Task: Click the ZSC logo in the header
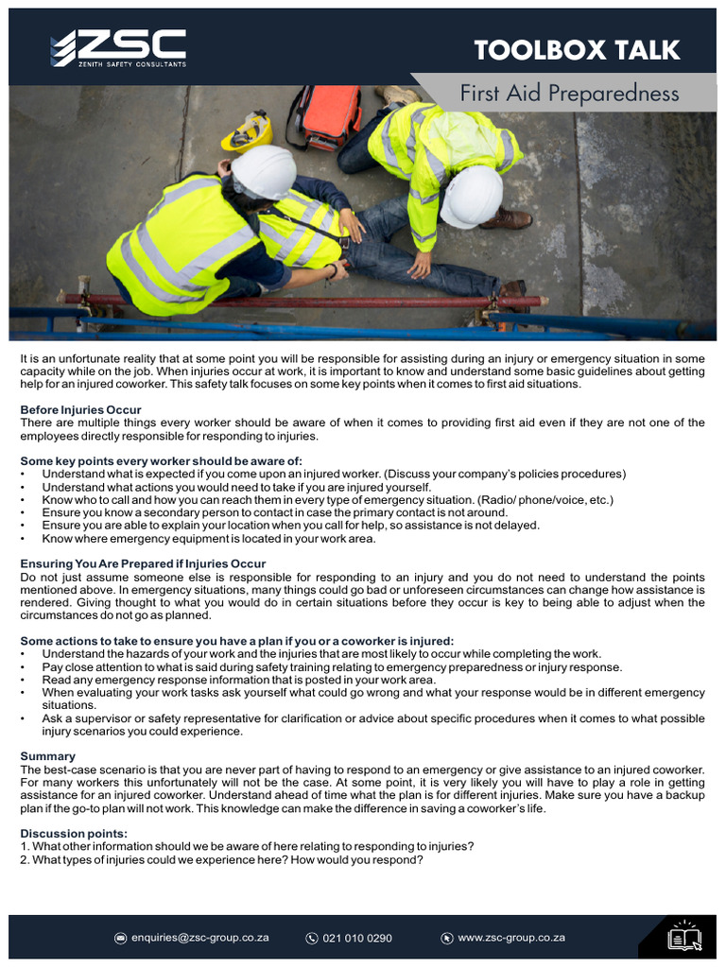tap(118, 47)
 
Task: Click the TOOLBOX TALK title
tap(577, 50)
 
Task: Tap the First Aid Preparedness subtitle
tap(569, 94)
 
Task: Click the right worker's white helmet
tap(472, 196)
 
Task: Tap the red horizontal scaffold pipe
tap(302, 301)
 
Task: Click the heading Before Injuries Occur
tap(81, 409)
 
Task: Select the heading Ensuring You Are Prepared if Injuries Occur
tap(143, 563)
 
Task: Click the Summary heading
tap(47, 756)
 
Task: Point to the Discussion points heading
tap(74, 833)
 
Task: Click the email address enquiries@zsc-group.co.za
tap(200, 938)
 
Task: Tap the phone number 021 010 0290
tap(357, 938)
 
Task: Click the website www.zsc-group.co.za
tap(511, 938)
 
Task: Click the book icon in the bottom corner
tap(683, 937)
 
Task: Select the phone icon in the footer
tap(312, 938)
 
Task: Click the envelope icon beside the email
tap(120, 938)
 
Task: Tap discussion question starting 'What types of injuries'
tap(227, 859)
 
